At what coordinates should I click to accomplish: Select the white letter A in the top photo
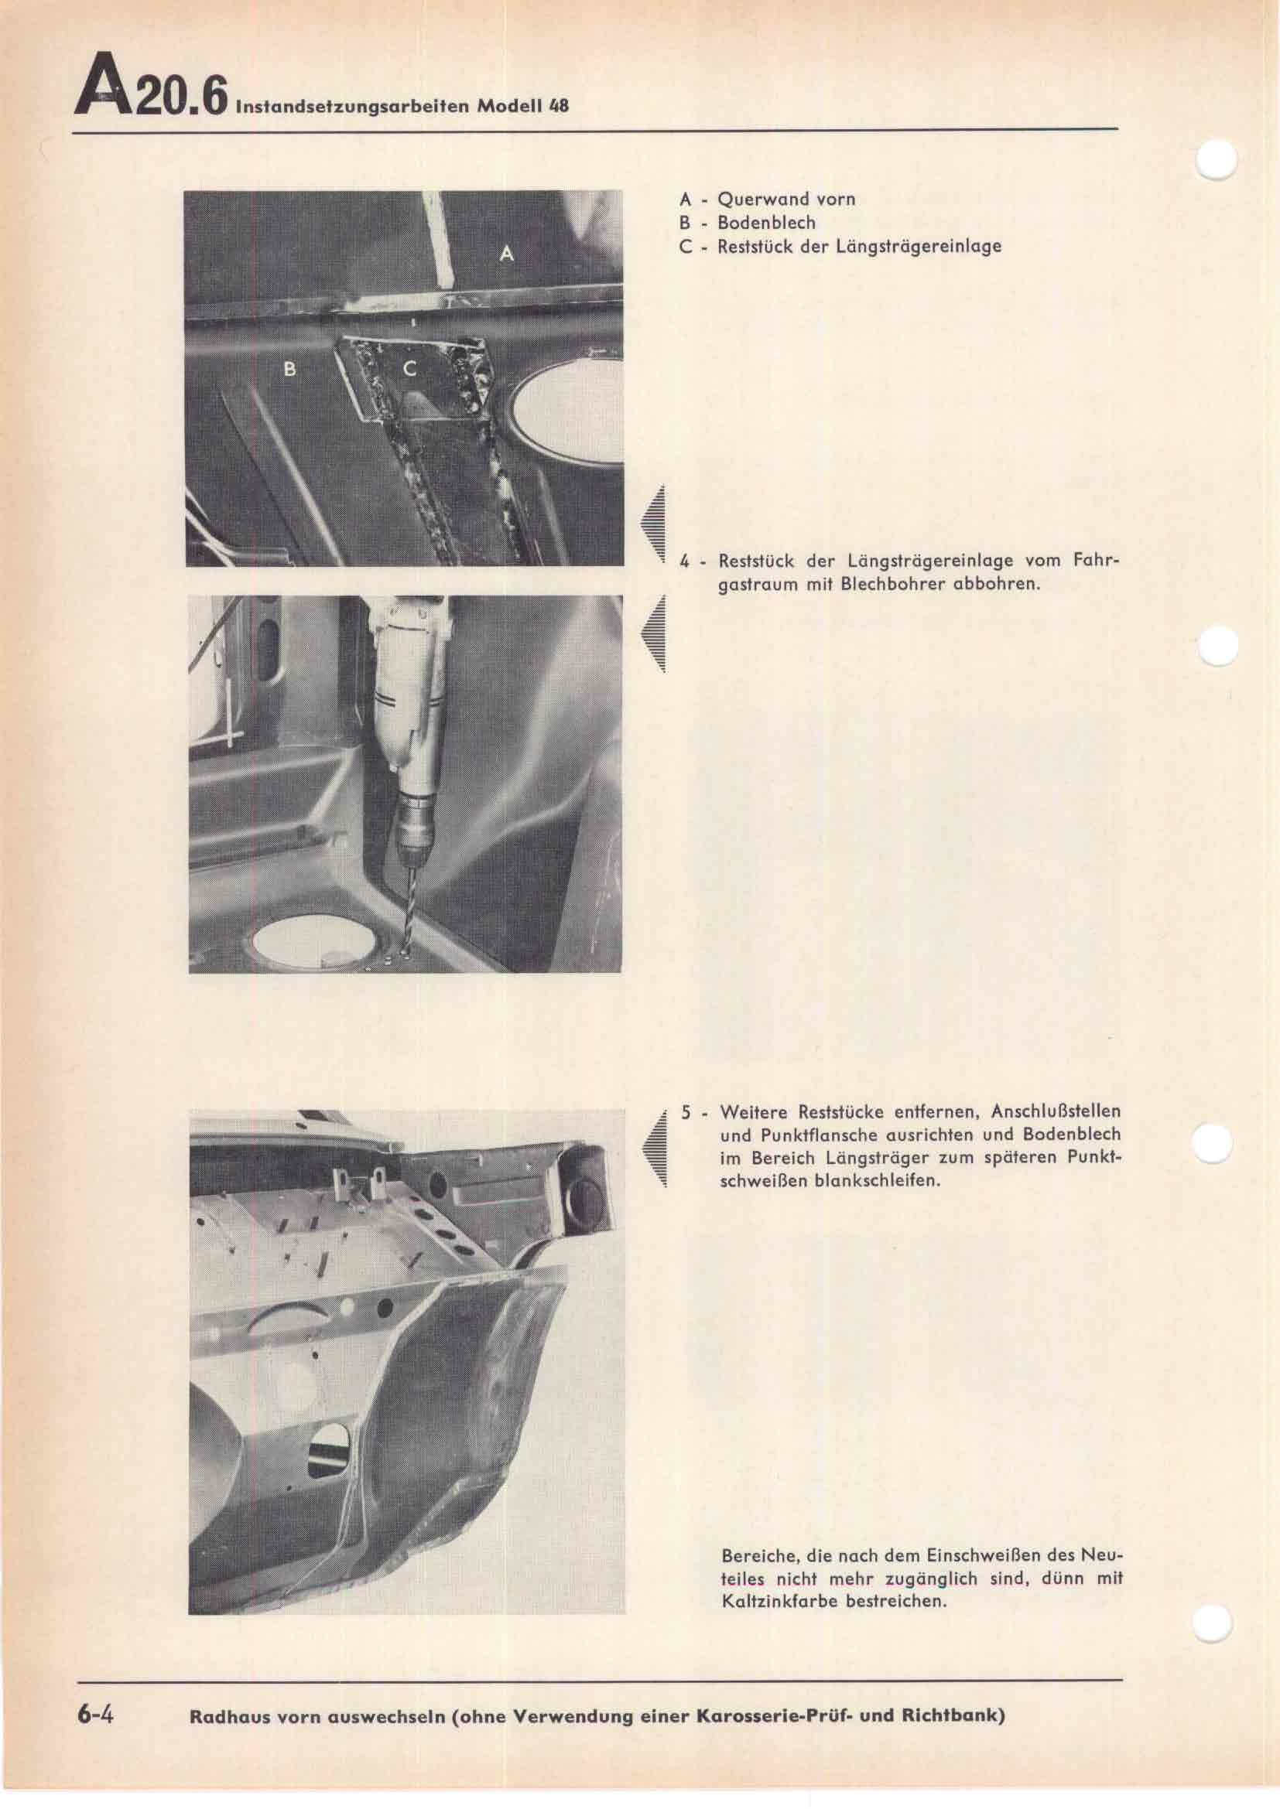[508, 254]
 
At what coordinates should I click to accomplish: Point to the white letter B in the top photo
[289, 369]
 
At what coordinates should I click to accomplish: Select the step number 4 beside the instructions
[685, 562]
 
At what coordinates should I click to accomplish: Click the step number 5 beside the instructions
[686, 1113]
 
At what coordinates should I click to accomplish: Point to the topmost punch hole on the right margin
[1217, 162]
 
